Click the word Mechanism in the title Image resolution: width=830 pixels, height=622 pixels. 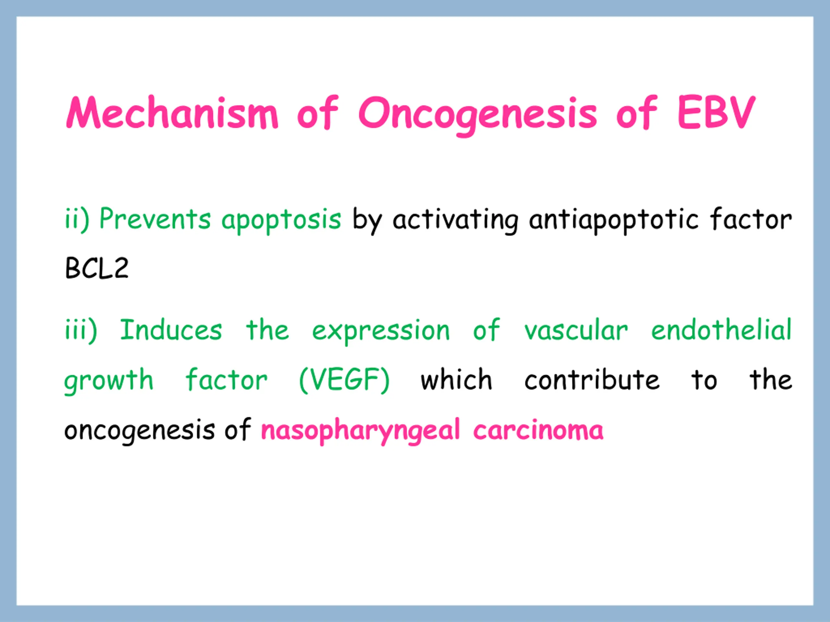(x=172, y=112)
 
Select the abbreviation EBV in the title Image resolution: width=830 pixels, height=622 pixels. (x=716, y=112)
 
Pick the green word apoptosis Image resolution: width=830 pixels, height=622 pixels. (x=281, y=221)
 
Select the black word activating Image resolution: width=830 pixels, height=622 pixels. (x=455, y=221)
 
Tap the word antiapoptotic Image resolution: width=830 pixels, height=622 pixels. (x=613, y=221)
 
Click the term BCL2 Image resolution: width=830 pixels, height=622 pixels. (x=97, y=268)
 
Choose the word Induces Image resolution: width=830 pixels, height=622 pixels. (x=171, y=330)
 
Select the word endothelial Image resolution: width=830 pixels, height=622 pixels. (x=721, y=330)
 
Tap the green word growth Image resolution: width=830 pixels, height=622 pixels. (x=109, y=381)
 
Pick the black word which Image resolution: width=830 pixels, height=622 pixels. (x=456, y=379)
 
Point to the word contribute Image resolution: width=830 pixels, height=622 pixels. (x=592, y=379)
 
